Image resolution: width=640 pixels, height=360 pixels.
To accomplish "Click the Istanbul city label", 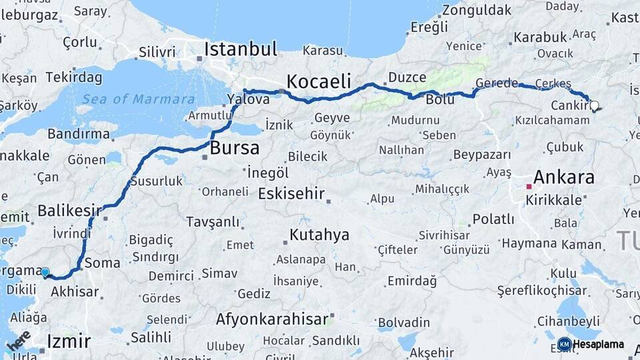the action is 240,49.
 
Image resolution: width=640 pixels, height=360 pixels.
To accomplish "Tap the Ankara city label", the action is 563,177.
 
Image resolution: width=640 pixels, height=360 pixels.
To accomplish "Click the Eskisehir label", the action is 291,194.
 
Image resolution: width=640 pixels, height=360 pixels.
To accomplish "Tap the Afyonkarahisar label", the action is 272,319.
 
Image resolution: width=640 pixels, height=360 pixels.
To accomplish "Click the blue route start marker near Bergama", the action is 45,272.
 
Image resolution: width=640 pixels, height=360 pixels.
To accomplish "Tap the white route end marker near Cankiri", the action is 594,105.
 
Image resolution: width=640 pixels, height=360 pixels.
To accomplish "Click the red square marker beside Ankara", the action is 529,186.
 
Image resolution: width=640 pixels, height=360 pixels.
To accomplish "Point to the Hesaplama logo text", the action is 599,344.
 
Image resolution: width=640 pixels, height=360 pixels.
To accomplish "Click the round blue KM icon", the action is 564,344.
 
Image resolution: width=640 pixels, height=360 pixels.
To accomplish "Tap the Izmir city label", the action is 69,342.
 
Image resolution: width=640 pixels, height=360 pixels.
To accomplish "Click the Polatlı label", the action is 493,219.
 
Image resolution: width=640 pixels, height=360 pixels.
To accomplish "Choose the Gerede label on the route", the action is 497,83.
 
